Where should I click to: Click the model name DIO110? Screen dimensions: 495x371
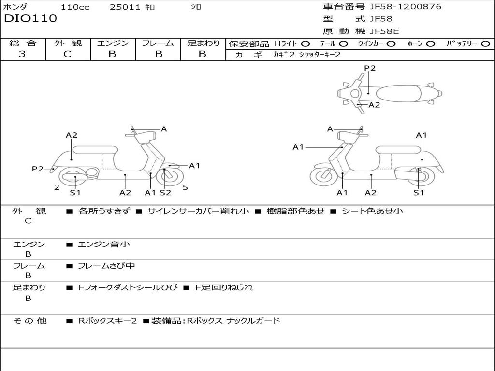[x=30, y=19]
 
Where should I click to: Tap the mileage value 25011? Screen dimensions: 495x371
[x=125, y=7]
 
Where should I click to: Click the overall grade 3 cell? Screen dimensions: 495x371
[x=22, y=54]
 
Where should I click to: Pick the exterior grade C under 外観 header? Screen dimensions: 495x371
[x=67, y=54]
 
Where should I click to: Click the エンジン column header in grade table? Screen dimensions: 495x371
[x=113, y=43]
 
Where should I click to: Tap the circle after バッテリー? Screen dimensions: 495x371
[x=485, y=43]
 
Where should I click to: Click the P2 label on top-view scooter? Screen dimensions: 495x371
[x=370, y=68]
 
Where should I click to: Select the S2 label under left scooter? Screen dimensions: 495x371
[x=165, y=193]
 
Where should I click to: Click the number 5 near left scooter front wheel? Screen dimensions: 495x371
[x=185, y=187]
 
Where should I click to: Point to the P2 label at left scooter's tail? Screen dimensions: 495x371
[x=38, y=169]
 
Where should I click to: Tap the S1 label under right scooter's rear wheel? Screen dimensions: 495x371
[x=419, y=193]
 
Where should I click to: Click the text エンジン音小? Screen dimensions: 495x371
[x=104, y=244]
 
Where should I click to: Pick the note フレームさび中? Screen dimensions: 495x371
[x=106, y=266]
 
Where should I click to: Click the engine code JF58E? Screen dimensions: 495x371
[x=384, y=31]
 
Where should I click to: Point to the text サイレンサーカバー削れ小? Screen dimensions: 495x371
[x=198, y=211]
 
